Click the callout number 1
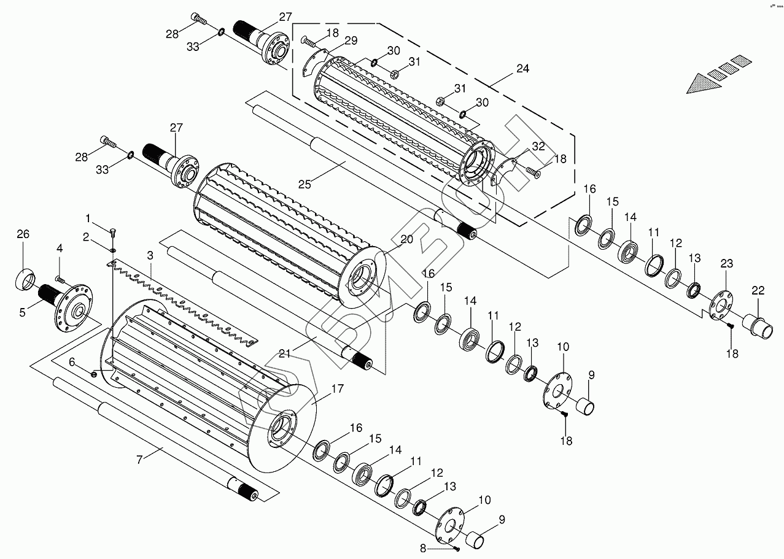pyautogui.click(x=88, y=218)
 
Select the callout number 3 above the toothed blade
pyautogui.click(x=149, y=255)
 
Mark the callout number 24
pyautogui.click(x=522, y=69)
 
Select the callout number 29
pyautogui.click(x=351, y=40)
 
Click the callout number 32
pyautogui.click(x=538, y=146)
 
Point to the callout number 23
pyautogui.click(x=727, y=264)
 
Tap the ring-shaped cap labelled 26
pyautogui.click(x=25, y=280)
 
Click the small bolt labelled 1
pyautogui.click(x=113, y=231)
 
